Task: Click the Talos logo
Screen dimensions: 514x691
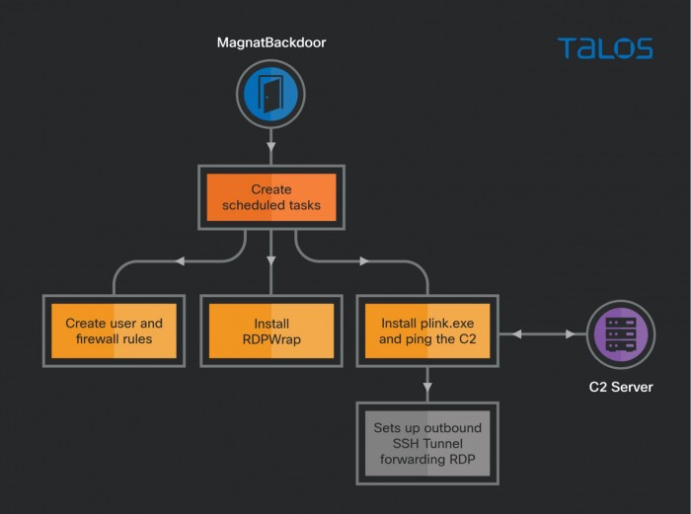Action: pos(604,48)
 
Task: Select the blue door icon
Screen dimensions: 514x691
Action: pos(270,94)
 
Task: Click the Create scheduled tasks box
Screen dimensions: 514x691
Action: pos(270,197)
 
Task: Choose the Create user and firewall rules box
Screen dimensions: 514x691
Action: pos(115,330)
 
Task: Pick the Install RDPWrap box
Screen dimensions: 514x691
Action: pos(270,330)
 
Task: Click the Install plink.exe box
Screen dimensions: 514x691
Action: pos(427,330)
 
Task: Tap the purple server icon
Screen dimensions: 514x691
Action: pos(619,333)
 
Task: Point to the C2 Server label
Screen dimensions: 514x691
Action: pos(619,385)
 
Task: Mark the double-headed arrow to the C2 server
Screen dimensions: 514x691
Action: pos(541,333)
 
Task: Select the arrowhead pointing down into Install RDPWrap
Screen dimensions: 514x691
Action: pos(270,261)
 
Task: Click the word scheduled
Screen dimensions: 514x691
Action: pos(252,206)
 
